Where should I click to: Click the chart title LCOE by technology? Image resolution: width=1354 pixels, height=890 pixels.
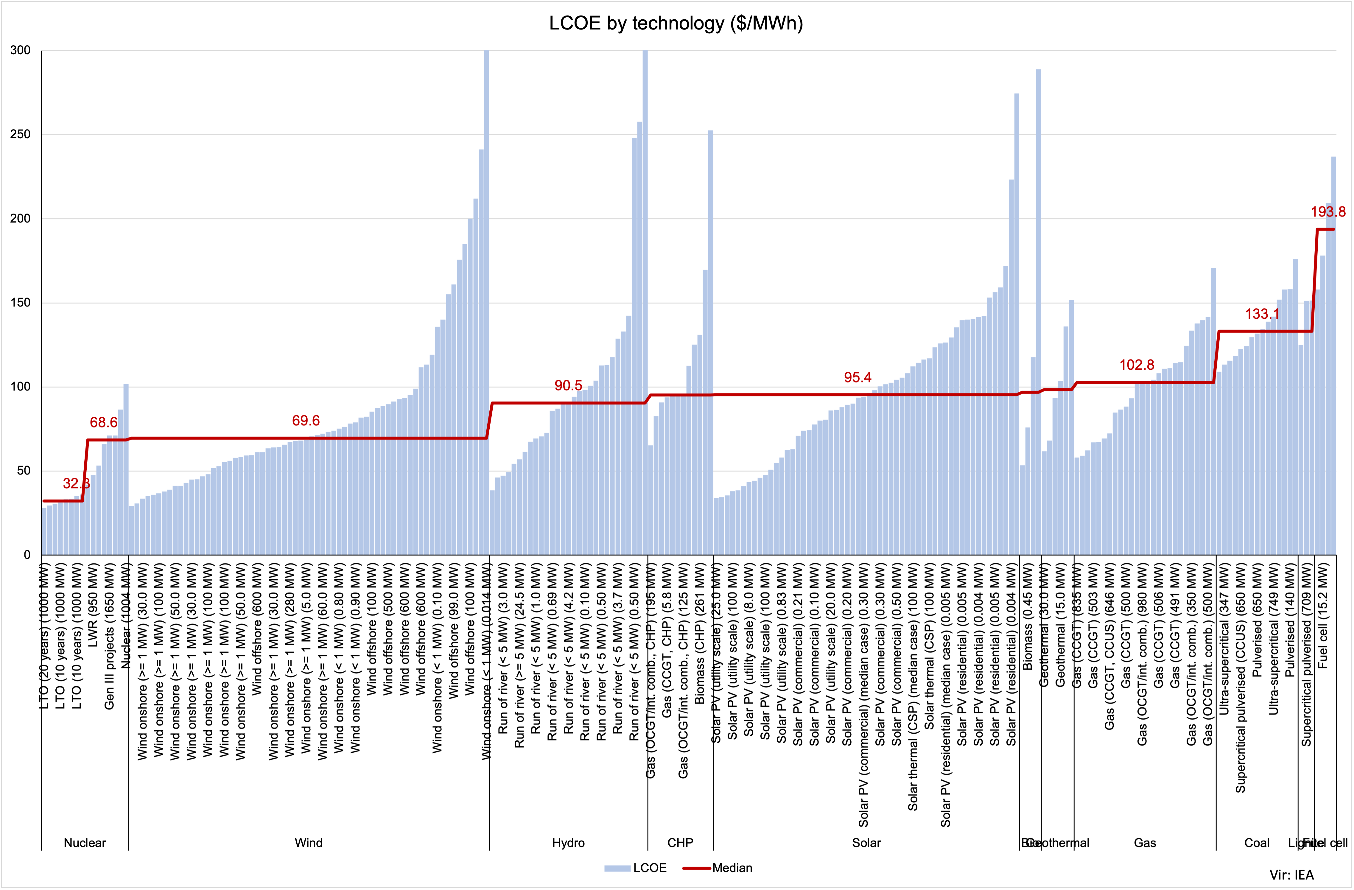tap(676, 23)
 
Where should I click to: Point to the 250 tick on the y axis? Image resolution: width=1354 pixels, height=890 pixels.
tap(21, 135)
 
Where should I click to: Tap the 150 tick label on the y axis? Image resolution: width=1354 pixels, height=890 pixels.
tap(21, 303)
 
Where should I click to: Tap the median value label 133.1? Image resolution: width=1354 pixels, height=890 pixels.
tap(1262, 314)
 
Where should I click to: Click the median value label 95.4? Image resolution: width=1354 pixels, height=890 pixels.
tap(857, 377)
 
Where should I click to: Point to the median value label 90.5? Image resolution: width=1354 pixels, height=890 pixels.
tap(568, 386)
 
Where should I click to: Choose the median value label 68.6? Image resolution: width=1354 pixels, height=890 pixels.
tap(104, 422)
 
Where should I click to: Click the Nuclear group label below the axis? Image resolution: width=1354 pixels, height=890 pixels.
tap(85, 843)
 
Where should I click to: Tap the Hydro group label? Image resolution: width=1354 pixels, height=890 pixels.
tap(568, 843)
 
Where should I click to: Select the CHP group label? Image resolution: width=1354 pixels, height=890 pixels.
tap(680, 843)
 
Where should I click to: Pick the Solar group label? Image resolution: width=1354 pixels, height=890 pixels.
tap(866, 843)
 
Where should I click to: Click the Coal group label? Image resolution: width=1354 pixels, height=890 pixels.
tap(1257, 843)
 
